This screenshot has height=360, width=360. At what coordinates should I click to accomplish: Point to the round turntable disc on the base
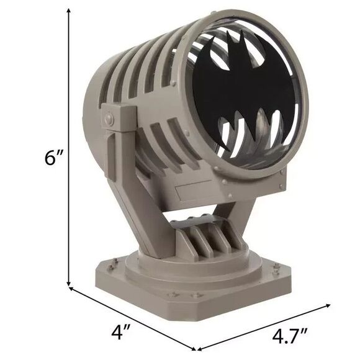tap(186, 261)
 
